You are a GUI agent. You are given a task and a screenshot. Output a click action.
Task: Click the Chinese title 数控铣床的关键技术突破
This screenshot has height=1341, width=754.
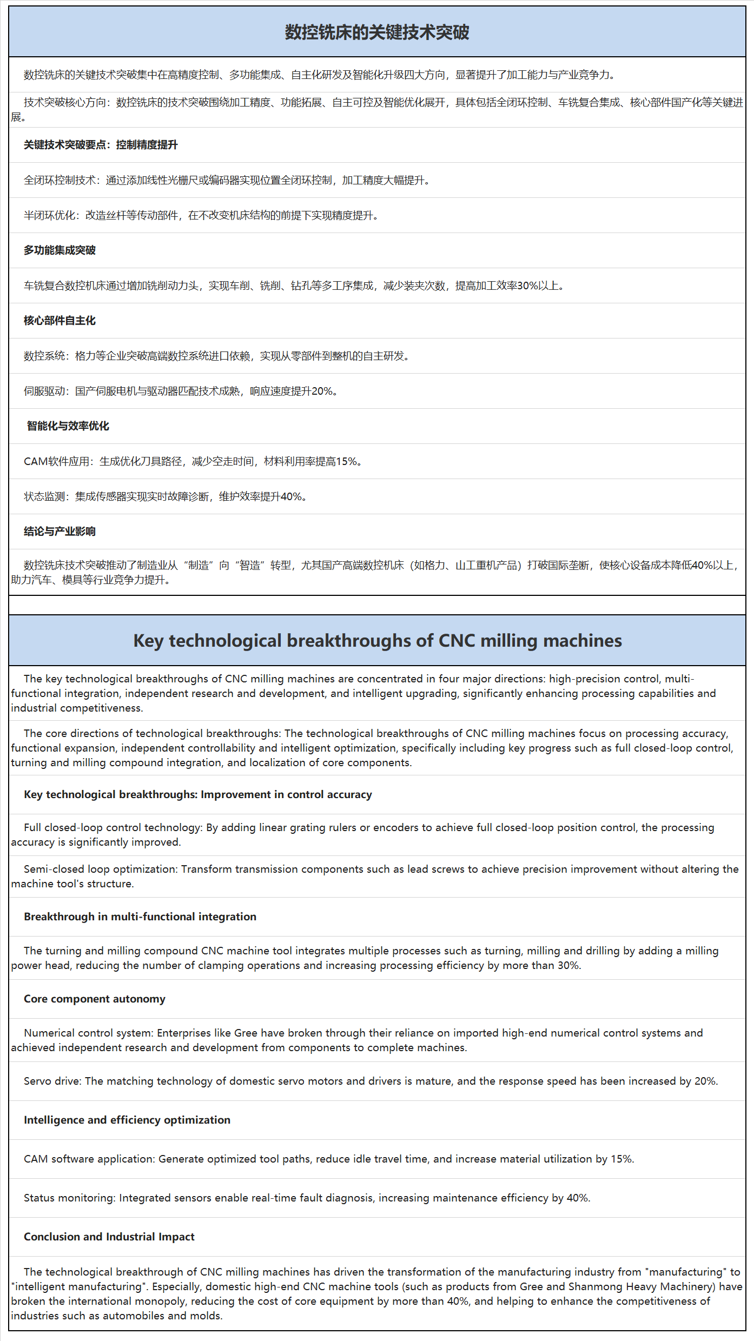point(377,32)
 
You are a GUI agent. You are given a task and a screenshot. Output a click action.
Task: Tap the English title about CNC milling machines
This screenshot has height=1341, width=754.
point(377,641)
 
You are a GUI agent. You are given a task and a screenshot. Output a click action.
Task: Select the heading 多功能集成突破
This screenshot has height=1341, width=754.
point(59,250)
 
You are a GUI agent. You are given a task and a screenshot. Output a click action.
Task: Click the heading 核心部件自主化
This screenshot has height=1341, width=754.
point(59,321)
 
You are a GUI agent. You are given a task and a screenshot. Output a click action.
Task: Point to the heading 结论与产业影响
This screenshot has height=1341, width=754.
point(59,532)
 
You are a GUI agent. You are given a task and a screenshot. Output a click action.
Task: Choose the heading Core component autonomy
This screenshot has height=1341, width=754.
point(95,999)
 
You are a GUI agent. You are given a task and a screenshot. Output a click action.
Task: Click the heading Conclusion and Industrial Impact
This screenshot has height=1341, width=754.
point(109,1237)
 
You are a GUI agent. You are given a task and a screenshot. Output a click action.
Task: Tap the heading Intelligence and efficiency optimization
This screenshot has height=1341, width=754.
point(127,1120)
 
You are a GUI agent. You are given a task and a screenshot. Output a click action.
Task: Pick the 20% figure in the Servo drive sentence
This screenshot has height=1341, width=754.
point(705,1081)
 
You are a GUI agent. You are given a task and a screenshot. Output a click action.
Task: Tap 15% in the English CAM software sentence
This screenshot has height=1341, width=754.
point(621,1159)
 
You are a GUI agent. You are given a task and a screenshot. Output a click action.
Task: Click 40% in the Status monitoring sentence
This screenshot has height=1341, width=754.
point(578,1198)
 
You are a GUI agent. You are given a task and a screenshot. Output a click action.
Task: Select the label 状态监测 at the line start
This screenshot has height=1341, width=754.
point(44,496)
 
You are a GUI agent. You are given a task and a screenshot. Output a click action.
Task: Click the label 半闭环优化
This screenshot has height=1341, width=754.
point(49,215)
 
